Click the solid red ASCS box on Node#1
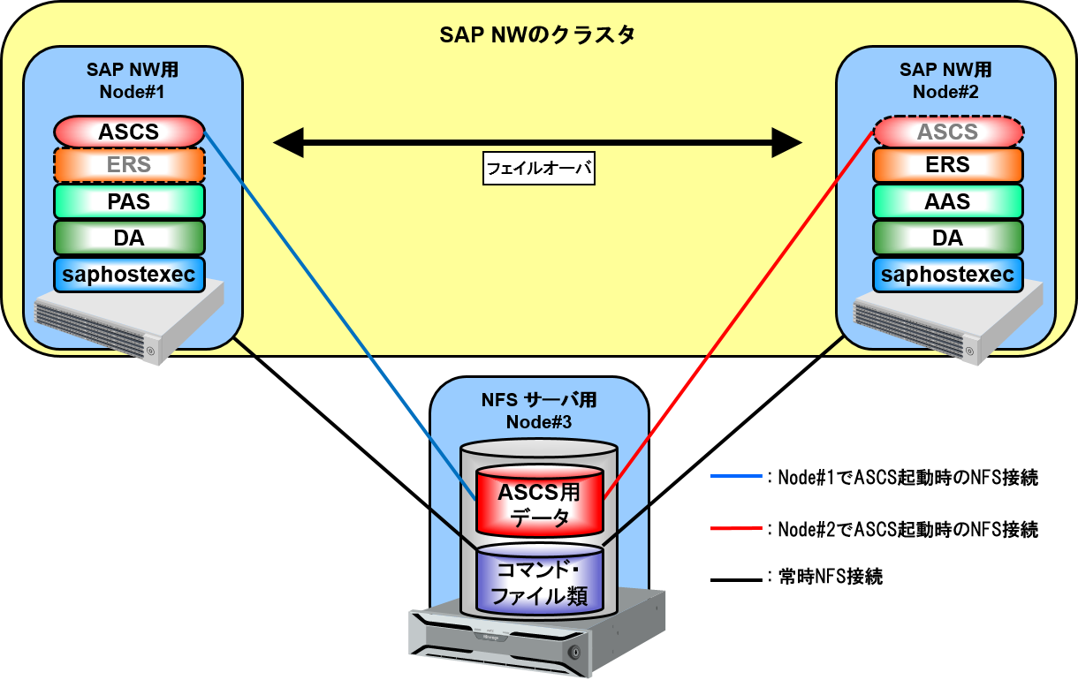(x=129, y=132)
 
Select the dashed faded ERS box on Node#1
(x=129, y=165)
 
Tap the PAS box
(x=129, y=201)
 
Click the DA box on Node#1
(x=129, y=238)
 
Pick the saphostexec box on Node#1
(x=129, y=275)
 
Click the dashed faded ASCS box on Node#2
(x=948, y=132)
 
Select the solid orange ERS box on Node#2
(x=948, y=165)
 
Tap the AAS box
(x=948, y=201)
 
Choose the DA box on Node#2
(x=948, y=238)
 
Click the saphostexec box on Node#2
(x=948, y=275)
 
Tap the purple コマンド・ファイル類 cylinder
(x=539, y=583)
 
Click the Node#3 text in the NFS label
(x=539, y=422)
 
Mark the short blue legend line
(x=736, y=476)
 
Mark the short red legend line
(x=736, y=529)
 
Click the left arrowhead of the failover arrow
(x=287, y=141)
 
